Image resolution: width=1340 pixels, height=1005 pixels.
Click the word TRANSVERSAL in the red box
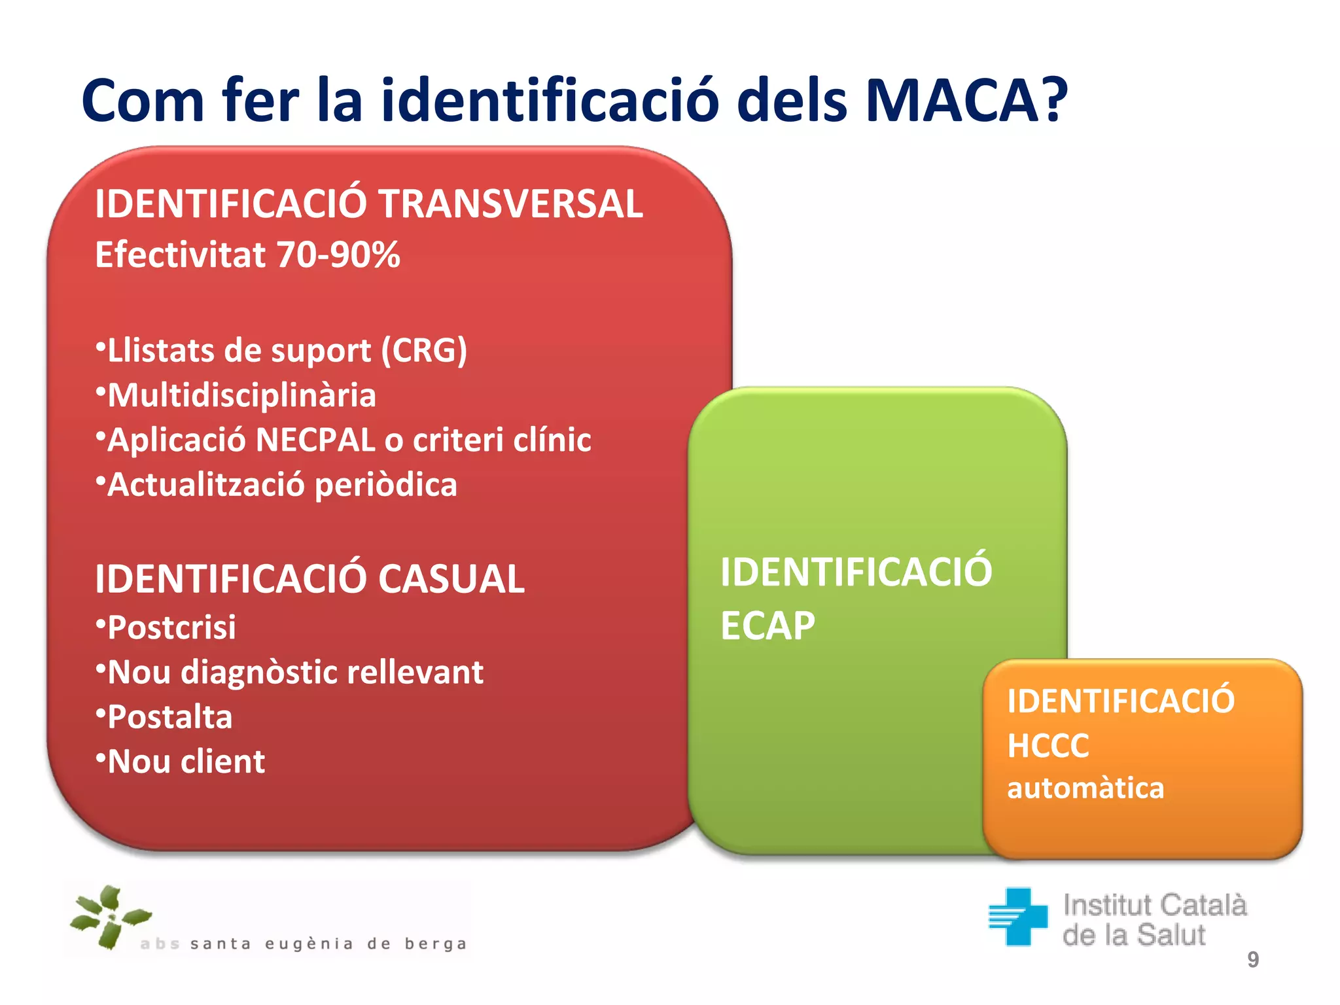point(510,203)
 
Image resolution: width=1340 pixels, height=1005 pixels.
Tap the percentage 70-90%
point(338,255)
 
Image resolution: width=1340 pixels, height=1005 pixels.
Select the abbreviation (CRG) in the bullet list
point(424,351)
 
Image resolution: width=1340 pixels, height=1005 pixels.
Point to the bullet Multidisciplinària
point(241,395)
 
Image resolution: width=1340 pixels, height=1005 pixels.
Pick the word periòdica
point(386,485)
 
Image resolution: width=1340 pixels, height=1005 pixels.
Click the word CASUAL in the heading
point(451,579)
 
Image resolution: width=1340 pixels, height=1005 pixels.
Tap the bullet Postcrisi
point(171,627)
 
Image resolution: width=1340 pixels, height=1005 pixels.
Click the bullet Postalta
point(169,717)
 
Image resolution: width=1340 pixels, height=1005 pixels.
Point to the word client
point(222,762)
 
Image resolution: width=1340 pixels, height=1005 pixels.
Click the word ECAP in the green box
point(767,626)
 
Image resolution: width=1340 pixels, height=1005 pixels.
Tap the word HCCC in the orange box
point(1048,745)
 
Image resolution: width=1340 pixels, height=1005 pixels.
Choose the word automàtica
point(1085,788)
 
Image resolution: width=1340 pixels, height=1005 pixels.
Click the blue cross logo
point(1018,916)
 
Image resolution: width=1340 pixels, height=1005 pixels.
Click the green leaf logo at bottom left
point(109,917)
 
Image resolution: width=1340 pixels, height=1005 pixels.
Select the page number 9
point(1252,959)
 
